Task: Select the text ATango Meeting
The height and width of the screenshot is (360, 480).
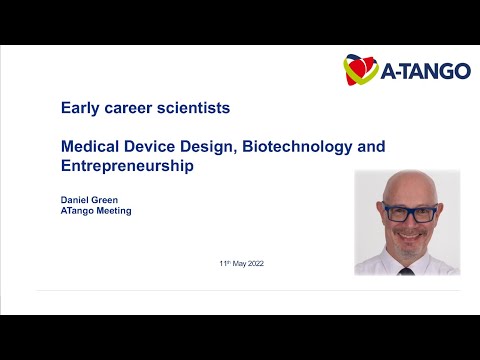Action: point(96,211)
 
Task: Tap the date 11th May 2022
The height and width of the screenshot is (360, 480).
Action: point(241,263)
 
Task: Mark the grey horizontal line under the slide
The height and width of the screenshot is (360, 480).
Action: point(240,291)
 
